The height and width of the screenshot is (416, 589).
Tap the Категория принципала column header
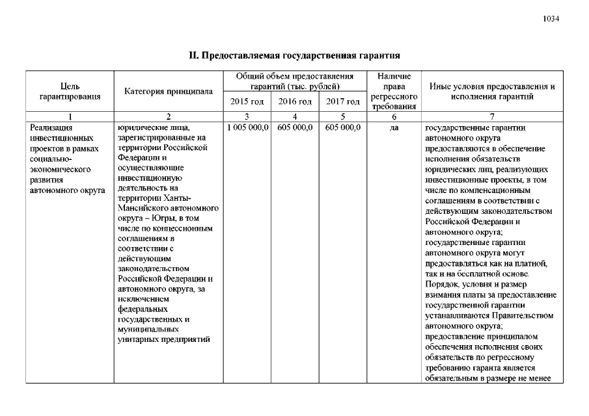pyautogui.click(x=169, y=92)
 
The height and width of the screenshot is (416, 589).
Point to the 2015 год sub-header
pyautogui.click(x=247, y=101)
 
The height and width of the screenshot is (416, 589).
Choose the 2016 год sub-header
pyautogui.click(x=295, y=101)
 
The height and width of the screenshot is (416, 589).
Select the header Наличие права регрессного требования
pyautogui.click(x=393, y=92)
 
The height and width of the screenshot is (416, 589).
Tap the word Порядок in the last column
pyautogui.click(x=440, y=284)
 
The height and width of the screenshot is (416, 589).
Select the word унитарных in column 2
pyautogui.click(x=137, y=339)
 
